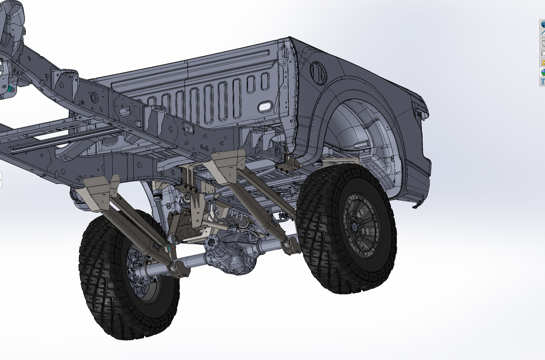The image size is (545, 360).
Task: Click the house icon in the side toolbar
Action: [543, 34]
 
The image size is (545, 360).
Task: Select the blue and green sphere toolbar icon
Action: [543, 72]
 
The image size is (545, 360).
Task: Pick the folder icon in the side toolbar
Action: [543, 53]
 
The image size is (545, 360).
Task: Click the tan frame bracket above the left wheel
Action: [98, 189]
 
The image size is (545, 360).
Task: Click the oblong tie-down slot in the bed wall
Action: [266, 105]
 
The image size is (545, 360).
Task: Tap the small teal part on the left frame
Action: [9, 87]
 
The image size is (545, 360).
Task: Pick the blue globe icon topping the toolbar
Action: [543, 25]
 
